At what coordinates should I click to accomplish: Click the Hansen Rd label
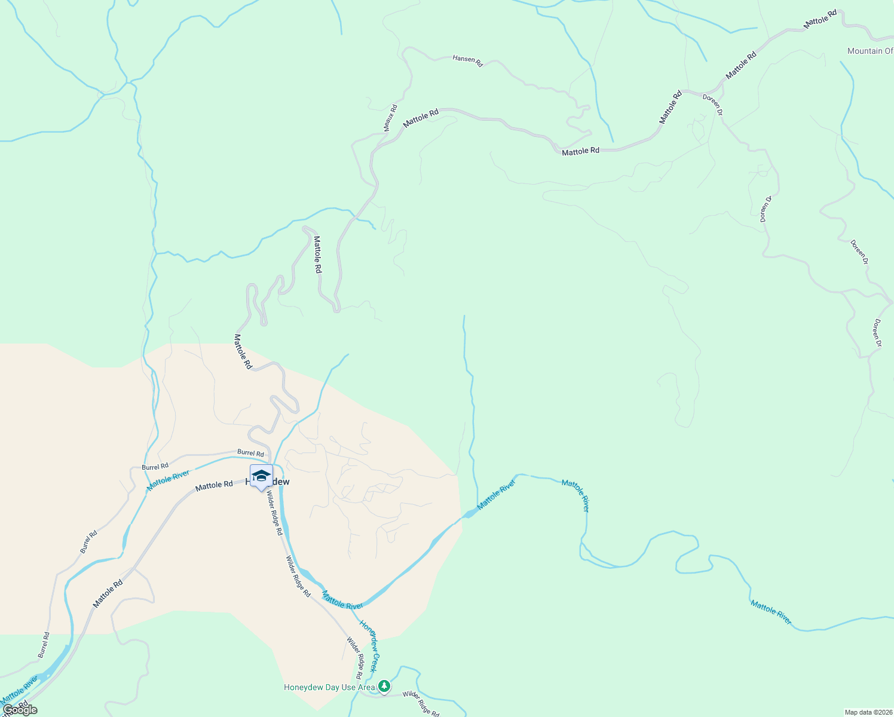tap(467, 60)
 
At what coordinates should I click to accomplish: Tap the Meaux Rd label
tap(390, 118)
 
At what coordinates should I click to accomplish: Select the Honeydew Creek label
tap(369, 646)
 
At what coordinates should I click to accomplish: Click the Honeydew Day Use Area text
tap(329, 687)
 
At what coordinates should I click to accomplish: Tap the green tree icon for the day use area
tap(385, 687)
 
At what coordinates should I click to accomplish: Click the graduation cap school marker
tap(261, 476)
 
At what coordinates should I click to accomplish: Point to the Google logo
tap(20, 710)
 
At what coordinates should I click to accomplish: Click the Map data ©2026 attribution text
tap(868, 712)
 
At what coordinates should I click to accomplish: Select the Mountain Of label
tap(869, 51)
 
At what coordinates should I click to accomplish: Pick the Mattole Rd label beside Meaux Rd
tap(421, 118)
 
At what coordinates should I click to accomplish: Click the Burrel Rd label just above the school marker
tap(250, 454)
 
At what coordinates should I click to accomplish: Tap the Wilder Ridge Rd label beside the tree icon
tap(421, 703)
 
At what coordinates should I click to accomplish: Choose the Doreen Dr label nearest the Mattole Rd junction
tap(712, 105)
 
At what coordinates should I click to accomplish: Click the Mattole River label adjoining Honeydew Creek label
tap(342, 600)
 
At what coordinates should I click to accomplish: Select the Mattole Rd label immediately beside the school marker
tap(214, 485)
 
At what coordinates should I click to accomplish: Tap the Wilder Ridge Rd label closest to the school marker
tap(275, 513)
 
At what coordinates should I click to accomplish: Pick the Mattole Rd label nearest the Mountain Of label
tap(820, 20)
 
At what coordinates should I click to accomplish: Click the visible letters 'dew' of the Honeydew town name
tap(281, 482)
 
